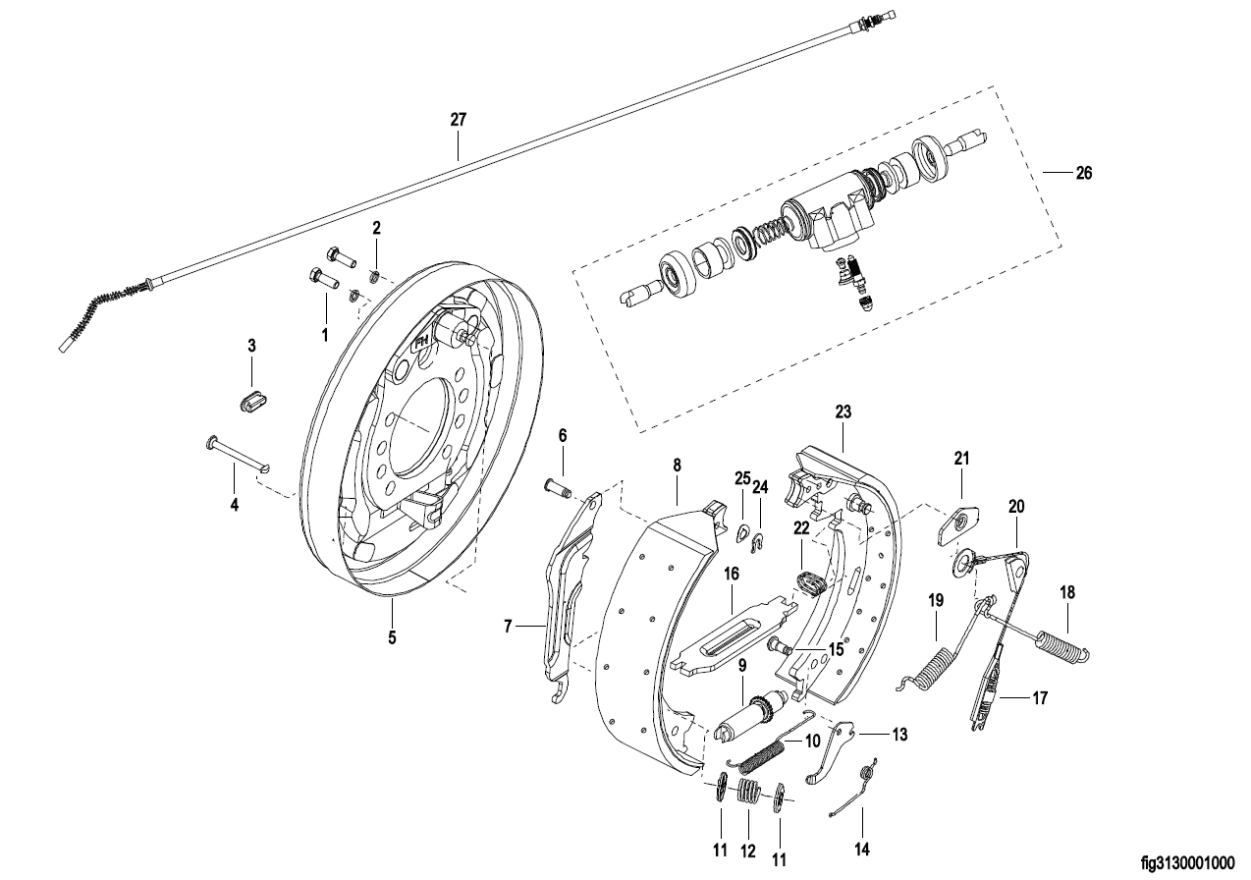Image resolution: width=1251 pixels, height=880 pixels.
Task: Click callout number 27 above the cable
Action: coord(459,120)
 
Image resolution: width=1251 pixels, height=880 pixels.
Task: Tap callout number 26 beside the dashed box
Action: coord(1083,173)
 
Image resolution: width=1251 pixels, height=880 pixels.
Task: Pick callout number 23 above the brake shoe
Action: coord(843,412)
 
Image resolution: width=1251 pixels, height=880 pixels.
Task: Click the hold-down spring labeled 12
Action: coord(749,791)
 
